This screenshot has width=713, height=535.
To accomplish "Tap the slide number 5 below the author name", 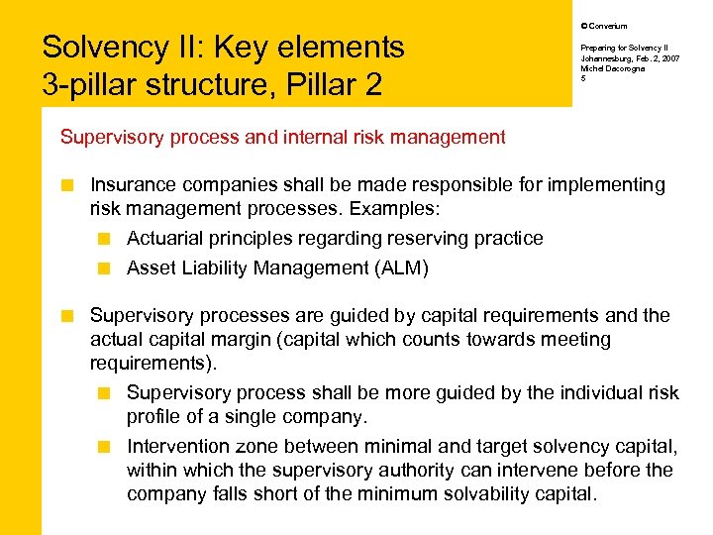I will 583,77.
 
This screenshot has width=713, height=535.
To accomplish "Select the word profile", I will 154,417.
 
